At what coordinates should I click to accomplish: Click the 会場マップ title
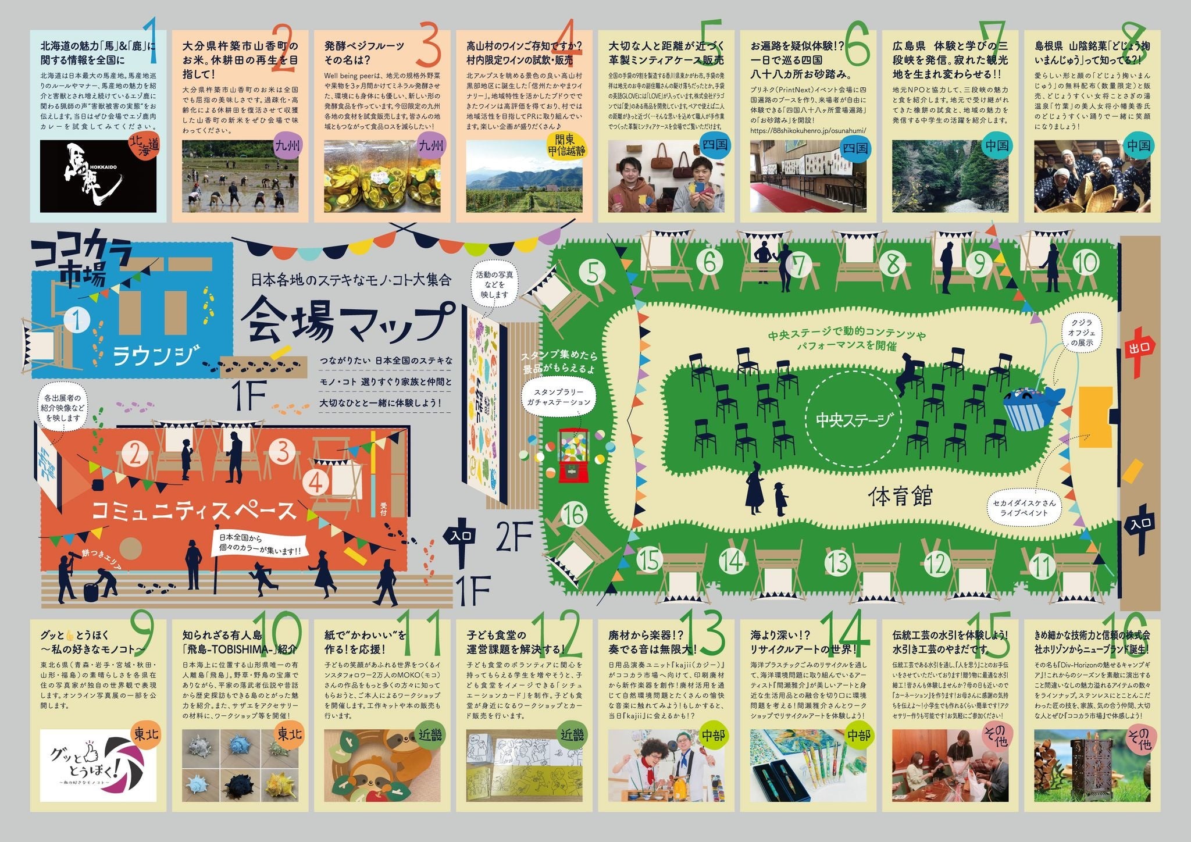347,323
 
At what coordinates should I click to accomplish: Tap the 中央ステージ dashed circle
853,419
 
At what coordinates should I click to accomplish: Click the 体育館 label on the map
901,495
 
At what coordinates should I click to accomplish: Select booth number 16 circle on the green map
574,515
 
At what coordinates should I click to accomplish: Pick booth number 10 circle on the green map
1085,263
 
